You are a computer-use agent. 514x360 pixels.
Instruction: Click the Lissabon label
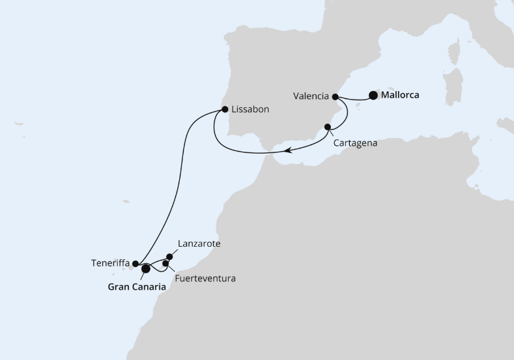click(x=251, y=110)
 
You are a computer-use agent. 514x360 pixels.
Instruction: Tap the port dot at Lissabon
click(x=225, y=109)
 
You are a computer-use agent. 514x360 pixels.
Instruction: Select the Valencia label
click(x=311, y=96)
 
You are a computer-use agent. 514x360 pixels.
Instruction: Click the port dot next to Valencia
click(x=336, y=97)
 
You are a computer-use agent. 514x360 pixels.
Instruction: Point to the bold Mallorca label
click(x=401, y=95)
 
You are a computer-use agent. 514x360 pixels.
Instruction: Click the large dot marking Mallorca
click(x=373, y=95)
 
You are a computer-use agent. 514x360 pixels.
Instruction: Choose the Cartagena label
click(x=355, y=141)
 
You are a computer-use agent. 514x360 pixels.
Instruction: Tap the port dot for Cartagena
click(x=328, y=127)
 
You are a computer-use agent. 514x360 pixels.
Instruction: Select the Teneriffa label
click(x=110, y=264)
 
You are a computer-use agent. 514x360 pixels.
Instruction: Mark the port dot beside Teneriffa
click(x=136, y=264)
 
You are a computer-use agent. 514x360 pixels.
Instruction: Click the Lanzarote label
click(x=199, y=244)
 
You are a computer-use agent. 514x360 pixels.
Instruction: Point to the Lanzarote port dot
click(x=170, y=256)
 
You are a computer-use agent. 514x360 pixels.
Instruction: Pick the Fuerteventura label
click(x=205, y=279)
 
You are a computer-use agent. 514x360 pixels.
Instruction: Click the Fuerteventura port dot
click(x=165, y=264)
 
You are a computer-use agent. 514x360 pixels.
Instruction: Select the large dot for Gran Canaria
click(x=146, y=268)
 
